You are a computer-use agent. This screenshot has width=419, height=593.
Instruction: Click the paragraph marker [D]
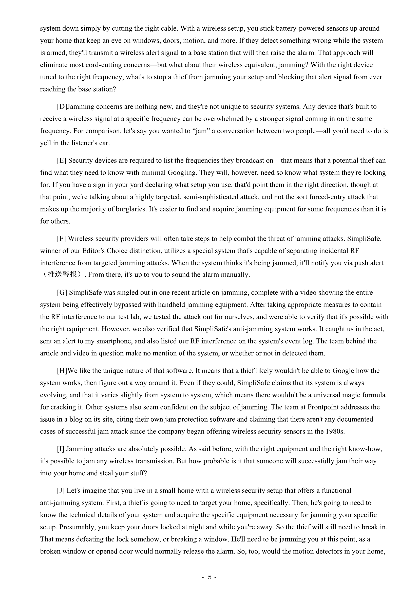62,107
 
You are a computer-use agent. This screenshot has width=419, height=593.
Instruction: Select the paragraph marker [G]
62,293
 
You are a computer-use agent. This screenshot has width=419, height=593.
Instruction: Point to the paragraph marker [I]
61,449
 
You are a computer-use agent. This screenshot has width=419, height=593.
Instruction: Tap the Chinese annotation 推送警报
62,274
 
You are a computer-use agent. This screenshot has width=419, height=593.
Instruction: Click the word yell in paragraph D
46,143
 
